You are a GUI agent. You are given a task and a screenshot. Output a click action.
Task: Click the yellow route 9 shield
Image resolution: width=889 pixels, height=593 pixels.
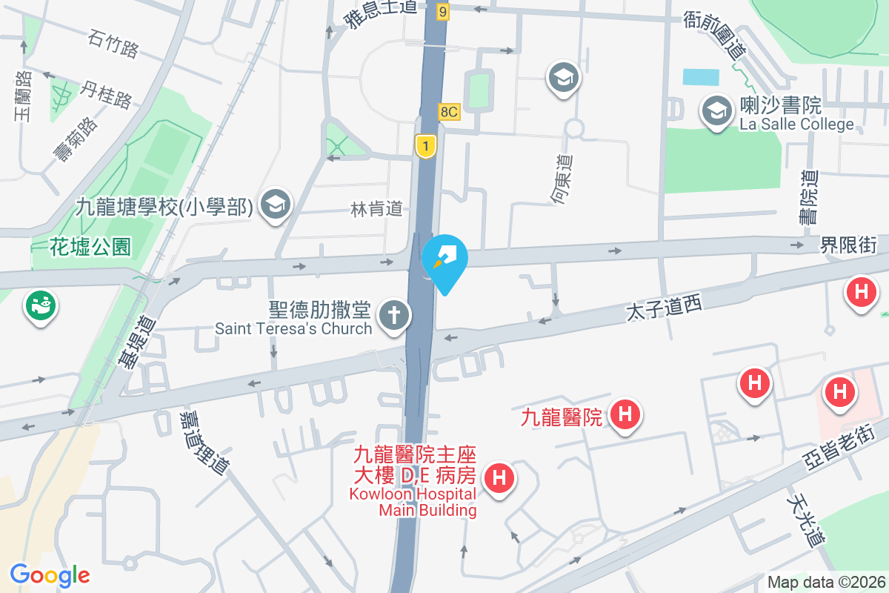(x=442, y=11)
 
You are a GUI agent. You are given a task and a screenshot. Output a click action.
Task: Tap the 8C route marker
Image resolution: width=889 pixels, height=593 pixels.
(x=449, y=112)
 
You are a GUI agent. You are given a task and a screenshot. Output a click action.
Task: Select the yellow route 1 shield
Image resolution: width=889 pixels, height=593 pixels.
(x=425, y=145)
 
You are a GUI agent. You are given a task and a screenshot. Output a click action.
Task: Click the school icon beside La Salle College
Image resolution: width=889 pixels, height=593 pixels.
(x=716, y=113)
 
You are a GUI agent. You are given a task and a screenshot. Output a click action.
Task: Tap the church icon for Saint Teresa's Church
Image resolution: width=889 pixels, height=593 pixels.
(x=394, y=317)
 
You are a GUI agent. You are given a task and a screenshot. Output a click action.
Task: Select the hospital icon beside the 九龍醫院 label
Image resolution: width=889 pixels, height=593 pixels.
(x=625, y=414)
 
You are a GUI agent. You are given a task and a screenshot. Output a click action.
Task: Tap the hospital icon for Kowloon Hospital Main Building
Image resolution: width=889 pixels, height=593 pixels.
(x=499, y=477)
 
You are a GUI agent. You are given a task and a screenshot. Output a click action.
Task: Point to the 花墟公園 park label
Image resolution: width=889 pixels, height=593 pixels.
(x=90, y=246)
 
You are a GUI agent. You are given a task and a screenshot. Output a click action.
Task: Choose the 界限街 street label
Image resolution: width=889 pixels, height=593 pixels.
(x=849, y=245)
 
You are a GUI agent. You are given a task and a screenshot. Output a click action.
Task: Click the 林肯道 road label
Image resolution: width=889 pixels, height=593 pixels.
(x=376, y=210)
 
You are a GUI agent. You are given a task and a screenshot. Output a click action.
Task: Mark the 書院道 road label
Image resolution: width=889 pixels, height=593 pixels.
(x=809, y=196)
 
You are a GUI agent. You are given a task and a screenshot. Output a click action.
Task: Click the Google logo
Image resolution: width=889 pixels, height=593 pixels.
(x=50, y=574)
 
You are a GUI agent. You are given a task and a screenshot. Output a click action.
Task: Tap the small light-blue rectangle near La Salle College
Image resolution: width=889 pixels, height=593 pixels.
(x=701, y=77)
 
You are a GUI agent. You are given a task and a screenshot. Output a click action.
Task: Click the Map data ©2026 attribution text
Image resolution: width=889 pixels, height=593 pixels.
(x=826, y=582)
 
